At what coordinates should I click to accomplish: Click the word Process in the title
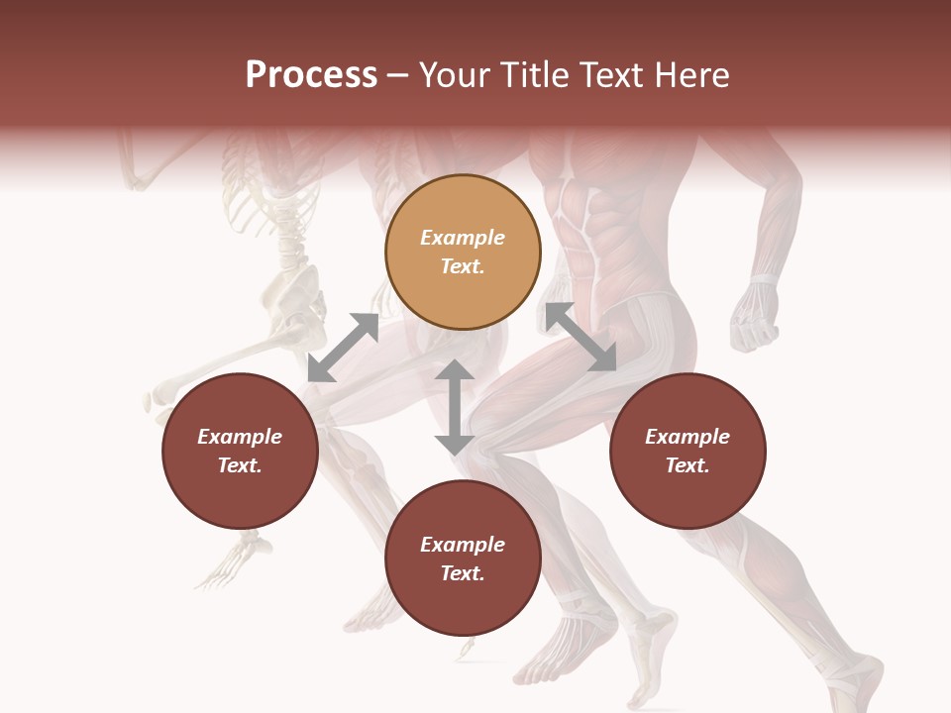point(311,74)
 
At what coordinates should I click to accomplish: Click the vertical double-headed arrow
point(455,407)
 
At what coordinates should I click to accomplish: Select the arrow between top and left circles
point(343,348)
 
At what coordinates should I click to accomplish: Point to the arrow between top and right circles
point(581,338)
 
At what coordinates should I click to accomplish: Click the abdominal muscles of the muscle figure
point(580,238)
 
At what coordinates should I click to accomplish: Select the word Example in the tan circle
point(463,238)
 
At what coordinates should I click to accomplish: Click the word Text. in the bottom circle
point(463,573)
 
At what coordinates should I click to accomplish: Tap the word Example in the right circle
point(687,437)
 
